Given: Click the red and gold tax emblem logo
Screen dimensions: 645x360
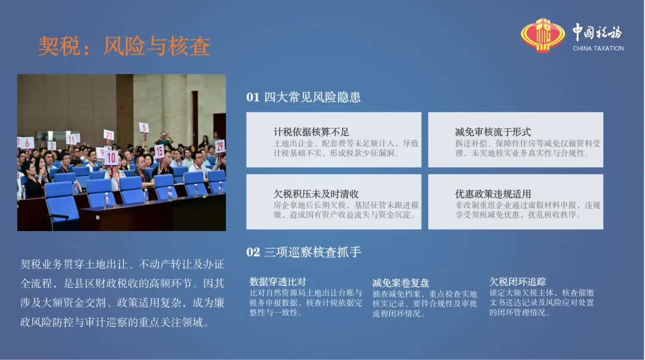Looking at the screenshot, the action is click(x=543, y=35).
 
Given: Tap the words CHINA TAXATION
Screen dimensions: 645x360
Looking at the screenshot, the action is click(x=598, y=48).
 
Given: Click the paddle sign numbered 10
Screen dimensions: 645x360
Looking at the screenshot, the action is click(x=112, y=158).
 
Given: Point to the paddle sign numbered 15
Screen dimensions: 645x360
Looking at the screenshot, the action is click(x=159, y=152).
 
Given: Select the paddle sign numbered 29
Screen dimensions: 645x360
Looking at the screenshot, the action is click(x=220, y=146).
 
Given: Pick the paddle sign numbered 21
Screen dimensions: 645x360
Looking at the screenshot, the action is click(x=109, y=134).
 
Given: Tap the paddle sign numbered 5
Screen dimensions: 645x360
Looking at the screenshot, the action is click(x=144, y=128).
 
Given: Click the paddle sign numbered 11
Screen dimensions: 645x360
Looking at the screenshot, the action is click(x=72, y=140).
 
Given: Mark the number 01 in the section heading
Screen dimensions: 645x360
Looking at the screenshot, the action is click(x=253, y=97).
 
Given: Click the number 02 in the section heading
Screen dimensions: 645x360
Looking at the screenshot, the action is click(x=253, y=252).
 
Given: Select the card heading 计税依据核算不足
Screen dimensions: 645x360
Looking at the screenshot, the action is click(x=311, y=132).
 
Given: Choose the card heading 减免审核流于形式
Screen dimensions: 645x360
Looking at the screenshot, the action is click(x=493, y=132).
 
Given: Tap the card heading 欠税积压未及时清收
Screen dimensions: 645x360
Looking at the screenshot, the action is click(x=316, y=194).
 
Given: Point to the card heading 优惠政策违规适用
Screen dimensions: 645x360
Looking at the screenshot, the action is click(x=493, y=194).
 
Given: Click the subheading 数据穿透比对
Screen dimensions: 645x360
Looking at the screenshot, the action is click(x=278, y=282).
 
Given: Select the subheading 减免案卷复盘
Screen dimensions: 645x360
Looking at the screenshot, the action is click(x=401, y=283).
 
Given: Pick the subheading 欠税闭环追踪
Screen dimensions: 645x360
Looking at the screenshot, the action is click(x=517, y=282).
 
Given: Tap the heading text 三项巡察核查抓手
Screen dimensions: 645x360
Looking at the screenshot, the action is click(x=312, y=252).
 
